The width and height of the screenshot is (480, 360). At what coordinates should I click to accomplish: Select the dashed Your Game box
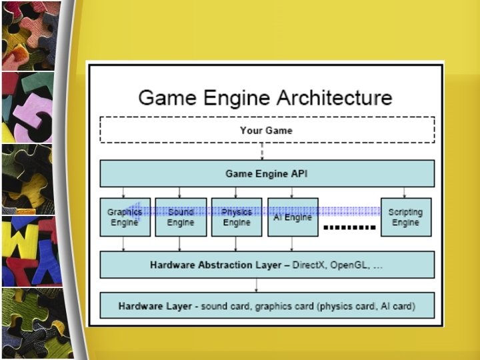tap(267, 130)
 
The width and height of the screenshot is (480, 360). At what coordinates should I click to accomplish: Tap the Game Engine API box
tap(267, 173)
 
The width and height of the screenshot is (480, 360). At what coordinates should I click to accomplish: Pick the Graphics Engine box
tap(125, 217)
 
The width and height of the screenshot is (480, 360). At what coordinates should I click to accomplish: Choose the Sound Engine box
tap(181, 217)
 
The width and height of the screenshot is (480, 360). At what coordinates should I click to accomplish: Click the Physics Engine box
tap(237, 217)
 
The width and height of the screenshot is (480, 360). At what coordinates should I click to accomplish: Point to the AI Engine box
tap(293, 217)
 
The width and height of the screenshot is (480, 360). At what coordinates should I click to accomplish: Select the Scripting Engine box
tap(405, 217)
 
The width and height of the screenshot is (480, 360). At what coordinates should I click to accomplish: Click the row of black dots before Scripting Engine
tap(349, 228)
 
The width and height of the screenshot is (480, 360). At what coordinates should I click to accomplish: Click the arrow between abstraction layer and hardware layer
tap(257, 285)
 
